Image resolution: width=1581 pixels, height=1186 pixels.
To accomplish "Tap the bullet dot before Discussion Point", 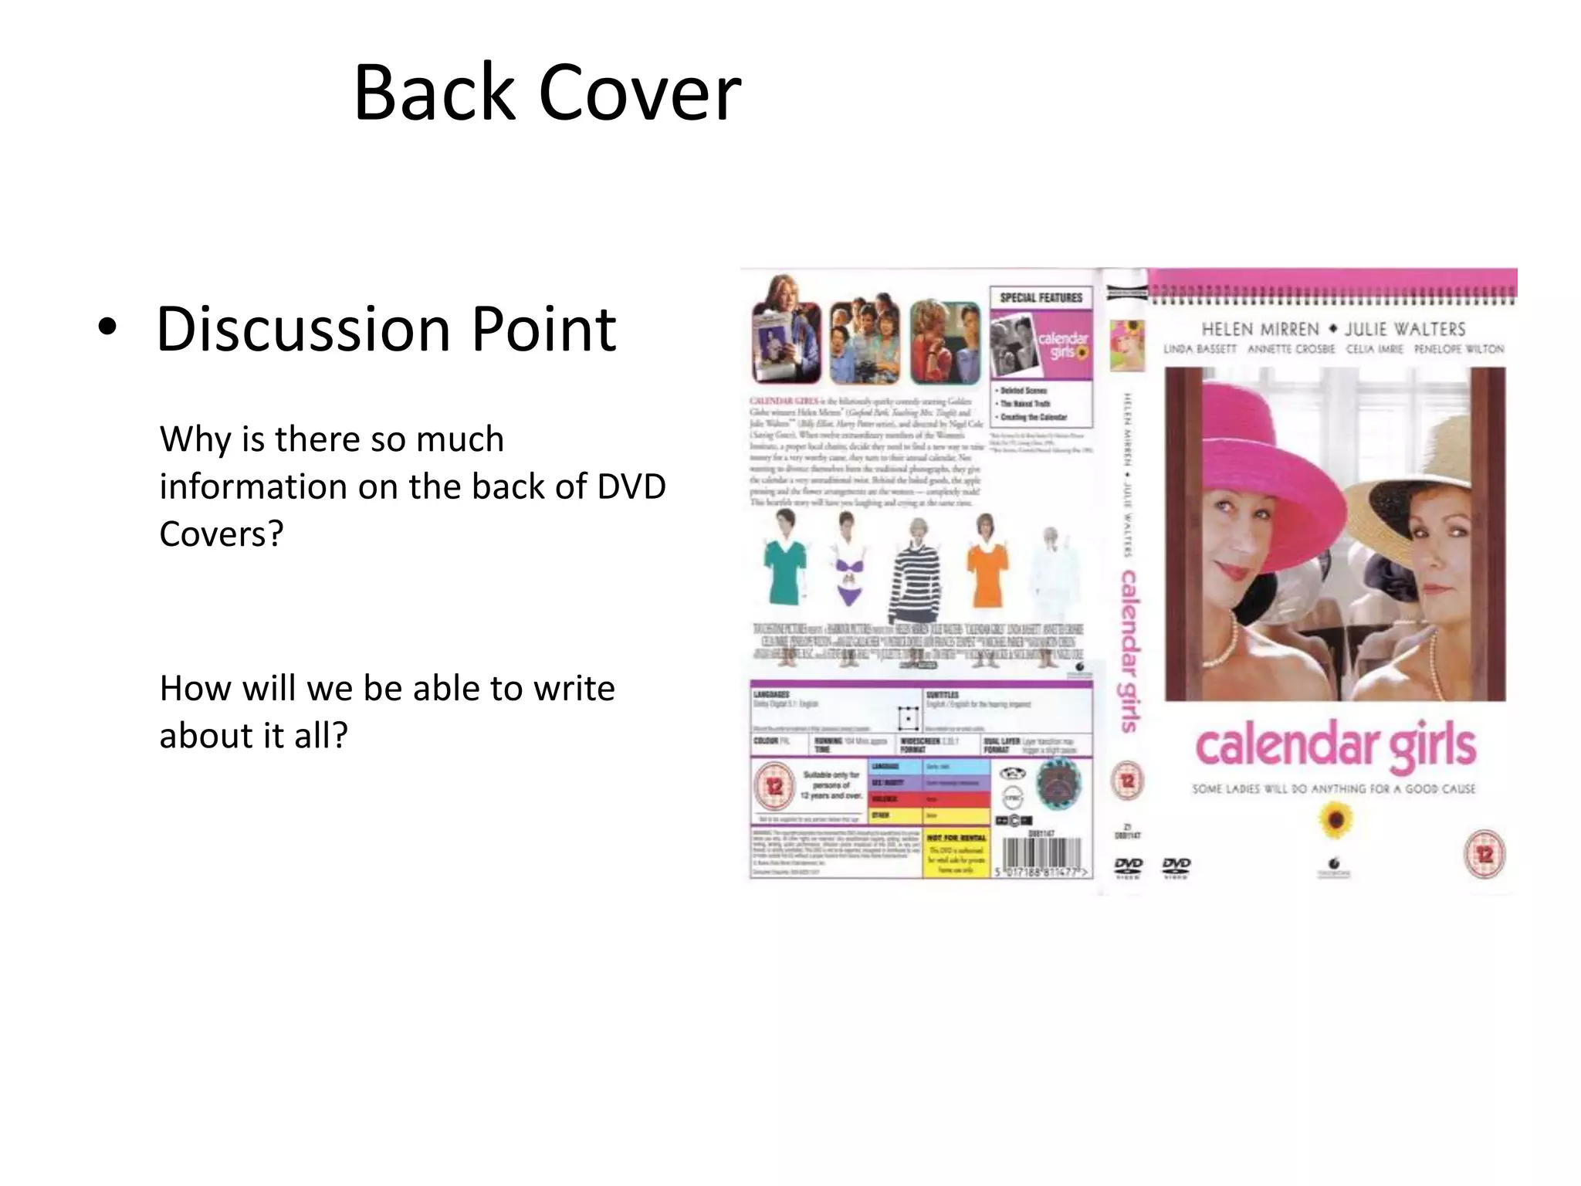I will click(x=108, y=327).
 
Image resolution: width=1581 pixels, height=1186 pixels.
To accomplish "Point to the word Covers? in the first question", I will click(x=222, y=534).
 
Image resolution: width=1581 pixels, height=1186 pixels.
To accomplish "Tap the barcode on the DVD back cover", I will click(x=1042, y=856).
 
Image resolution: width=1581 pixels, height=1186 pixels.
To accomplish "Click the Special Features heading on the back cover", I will click(x=1041, y=298).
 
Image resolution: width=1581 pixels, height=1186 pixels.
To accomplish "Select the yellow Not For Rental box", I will click(x=956, y=855).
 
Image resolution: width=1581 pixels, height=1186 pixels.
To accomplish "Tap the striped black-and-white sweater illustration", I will click(x=917, y=579).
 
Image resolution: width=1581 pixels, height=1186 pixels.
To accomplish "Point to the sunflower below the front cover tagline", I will click(x=1335, y=821).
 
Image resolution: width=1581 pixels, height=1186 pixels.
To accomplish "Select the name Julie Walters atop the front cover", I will click(x=1405, y=330).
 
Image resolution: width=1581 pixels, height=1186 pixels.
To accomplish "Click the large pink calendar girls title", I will click(x=1336, y=746).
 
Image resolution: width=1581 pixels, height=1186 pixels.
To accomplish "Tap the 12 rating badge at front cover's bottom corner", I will click(x=1485, y=854).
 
